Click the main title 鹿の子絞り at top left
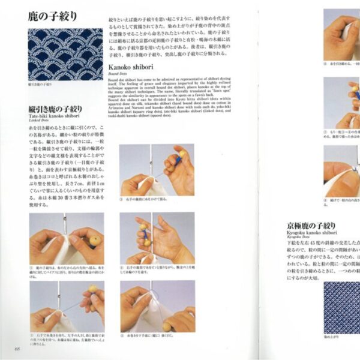pyautogui.click(x=52, y=16)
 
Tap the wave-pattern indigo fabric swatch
pyautogui.click(x=65, y=54)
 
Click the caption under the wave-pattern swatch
pyautogui.click(x=40, y=85)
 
